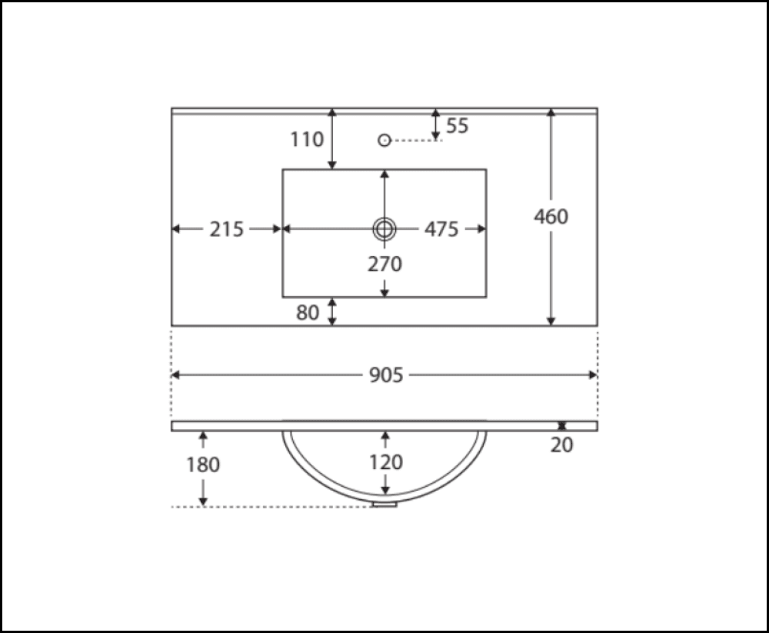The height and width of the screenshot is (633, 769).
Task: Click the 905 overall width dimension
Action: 386,375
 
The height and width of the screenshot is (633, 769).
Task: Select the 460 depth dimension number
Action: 551,216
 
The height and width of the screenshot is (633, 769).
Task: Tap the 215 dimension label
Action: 227,229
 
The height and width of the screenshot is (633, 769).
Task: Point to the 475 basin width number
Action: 441,229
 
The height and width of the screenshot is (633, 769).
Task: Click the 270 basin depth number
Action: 385,264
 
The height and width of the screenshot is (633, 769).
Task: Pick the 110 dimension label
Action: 307,139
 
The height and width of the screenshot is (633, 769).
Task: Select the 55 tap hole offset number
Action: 458,125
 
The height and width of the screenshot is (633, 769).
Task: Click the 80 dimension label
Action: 308,312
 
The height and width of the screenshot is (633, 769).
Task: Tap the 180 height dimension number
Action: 203,465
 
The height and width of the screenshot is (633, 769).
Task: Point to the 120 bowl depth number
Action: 386,462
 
